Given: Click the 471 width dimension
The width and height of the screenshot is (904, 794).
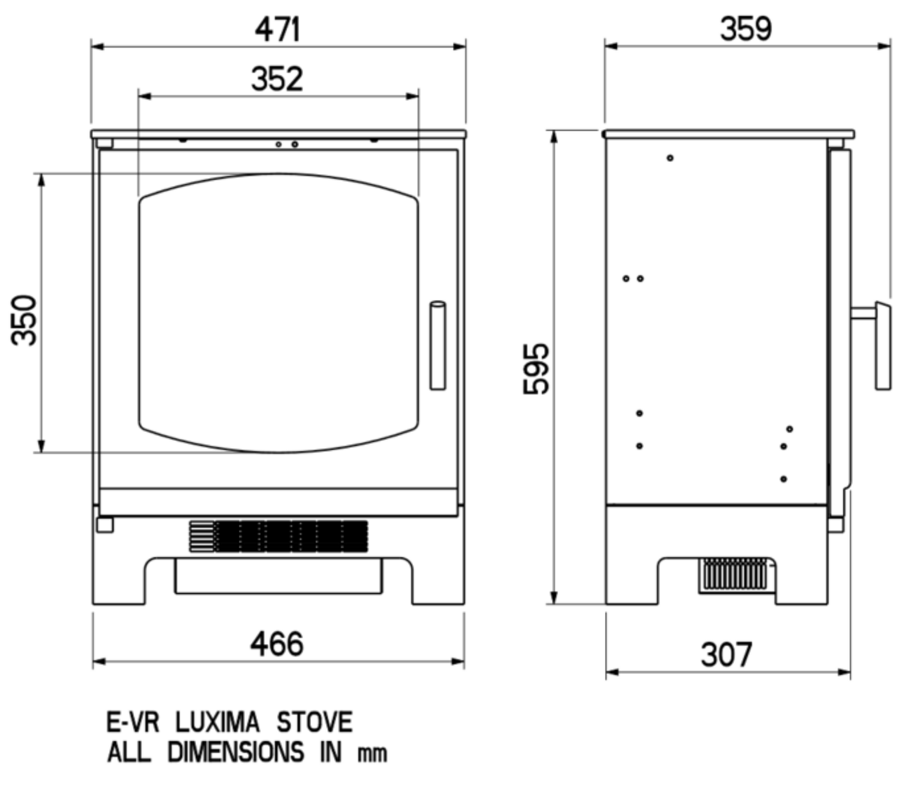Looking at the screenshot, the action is pos(277,29).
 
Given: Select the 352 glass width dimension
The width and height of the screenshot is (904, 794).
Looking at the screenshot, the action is pos(277,79).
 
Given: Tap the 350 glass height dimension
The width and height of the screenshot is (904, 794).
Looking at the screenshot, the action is pos(23,320).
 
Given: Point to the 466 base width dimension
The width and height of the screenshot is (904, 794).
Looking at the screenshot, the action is pos(276,644).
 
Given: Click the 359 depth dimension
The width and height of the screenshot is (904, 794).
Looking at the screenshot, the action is pos(746,29).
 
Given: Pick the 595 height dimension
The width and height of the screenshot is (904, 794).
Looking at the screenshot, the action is pos(535,369).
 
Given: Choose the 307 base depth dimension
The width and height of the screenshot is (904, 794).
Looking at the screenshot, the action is pos(726,655).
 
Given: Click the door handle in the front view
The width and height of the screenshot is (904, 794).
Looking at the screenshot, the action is pos(438,345).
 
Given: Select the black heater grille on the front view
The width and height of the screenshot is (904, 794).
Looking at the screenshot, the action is pos(279,536).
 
